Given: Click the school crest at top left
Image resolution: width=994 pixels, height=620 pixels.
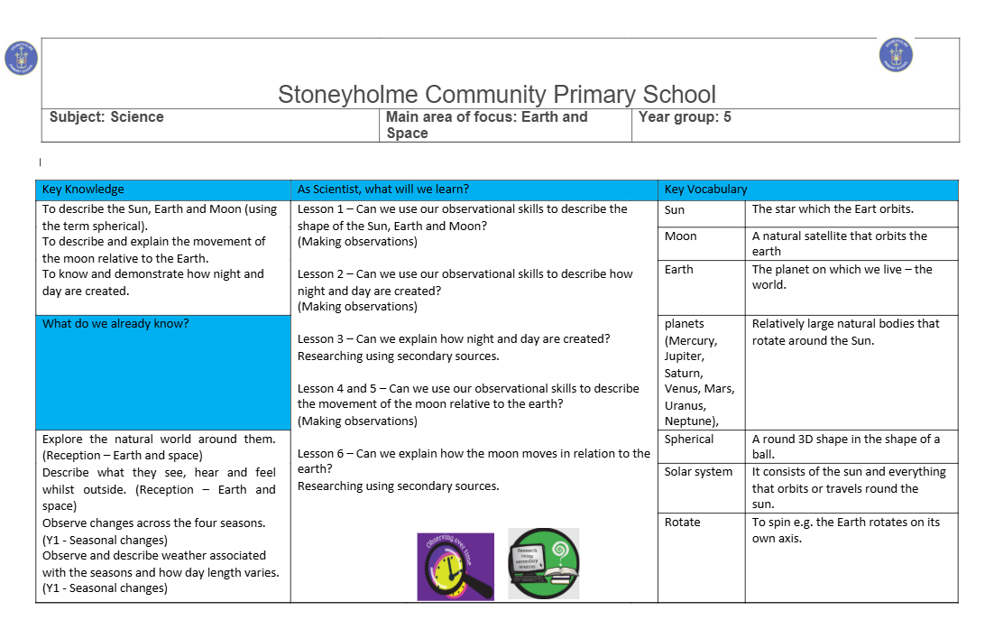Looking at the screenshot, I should click(x=20, y=57).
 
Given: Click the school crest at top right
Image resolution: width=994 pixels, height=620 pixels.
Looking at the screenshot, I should click(x=896, y=55).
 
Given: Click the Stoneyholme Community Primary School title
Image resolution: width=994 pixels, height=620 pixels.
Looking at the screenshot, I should click(x=496, y=95).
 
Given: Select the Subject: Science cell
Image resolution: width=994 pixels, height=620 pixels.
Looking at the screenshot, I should click(x=106, y=117).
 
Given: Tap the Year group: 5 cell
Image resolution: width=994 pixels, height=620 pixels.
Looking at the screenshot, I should click(x=685, y=117).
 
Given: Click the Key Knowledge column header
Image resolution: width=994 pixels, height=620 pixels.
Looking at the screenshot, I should click(x=83, y=190).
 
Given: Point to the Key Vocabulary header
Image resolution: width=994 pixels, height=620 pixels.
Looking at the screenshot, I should click(x=705, y=190).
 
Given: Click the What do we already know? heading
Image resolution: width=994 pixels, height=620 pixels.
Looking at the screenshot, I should click(x=115, y=323).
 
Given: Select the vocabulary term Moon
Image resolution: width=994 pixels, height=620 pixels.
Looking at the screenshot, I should click(x=680, y=236).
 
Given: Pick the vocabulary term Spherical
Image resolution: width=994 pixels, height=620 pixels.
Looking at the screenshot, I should click(x=689, y=440).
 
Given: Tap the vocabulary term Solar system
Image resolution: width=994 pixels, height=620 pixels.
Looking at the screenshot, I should click(x=698, y=472).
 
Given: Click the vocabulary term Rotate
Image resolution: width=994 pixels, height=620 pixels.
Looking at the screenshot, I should click(x=682, y=523).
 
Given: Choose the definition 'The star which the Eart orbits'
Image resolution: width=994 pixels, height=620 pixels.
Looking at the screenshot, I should click(x=833, y=209).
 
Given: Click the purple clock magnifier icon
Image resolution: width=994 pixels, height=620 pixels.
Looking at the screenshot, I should click(x=456, y=566).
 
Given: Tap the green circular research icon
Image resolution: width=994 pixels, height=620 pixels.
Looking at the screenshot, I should click(x=543, y=564).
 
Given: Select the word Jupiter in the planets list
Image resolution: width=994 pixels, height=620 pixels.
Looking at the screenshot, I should click(x=683, y=357).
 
